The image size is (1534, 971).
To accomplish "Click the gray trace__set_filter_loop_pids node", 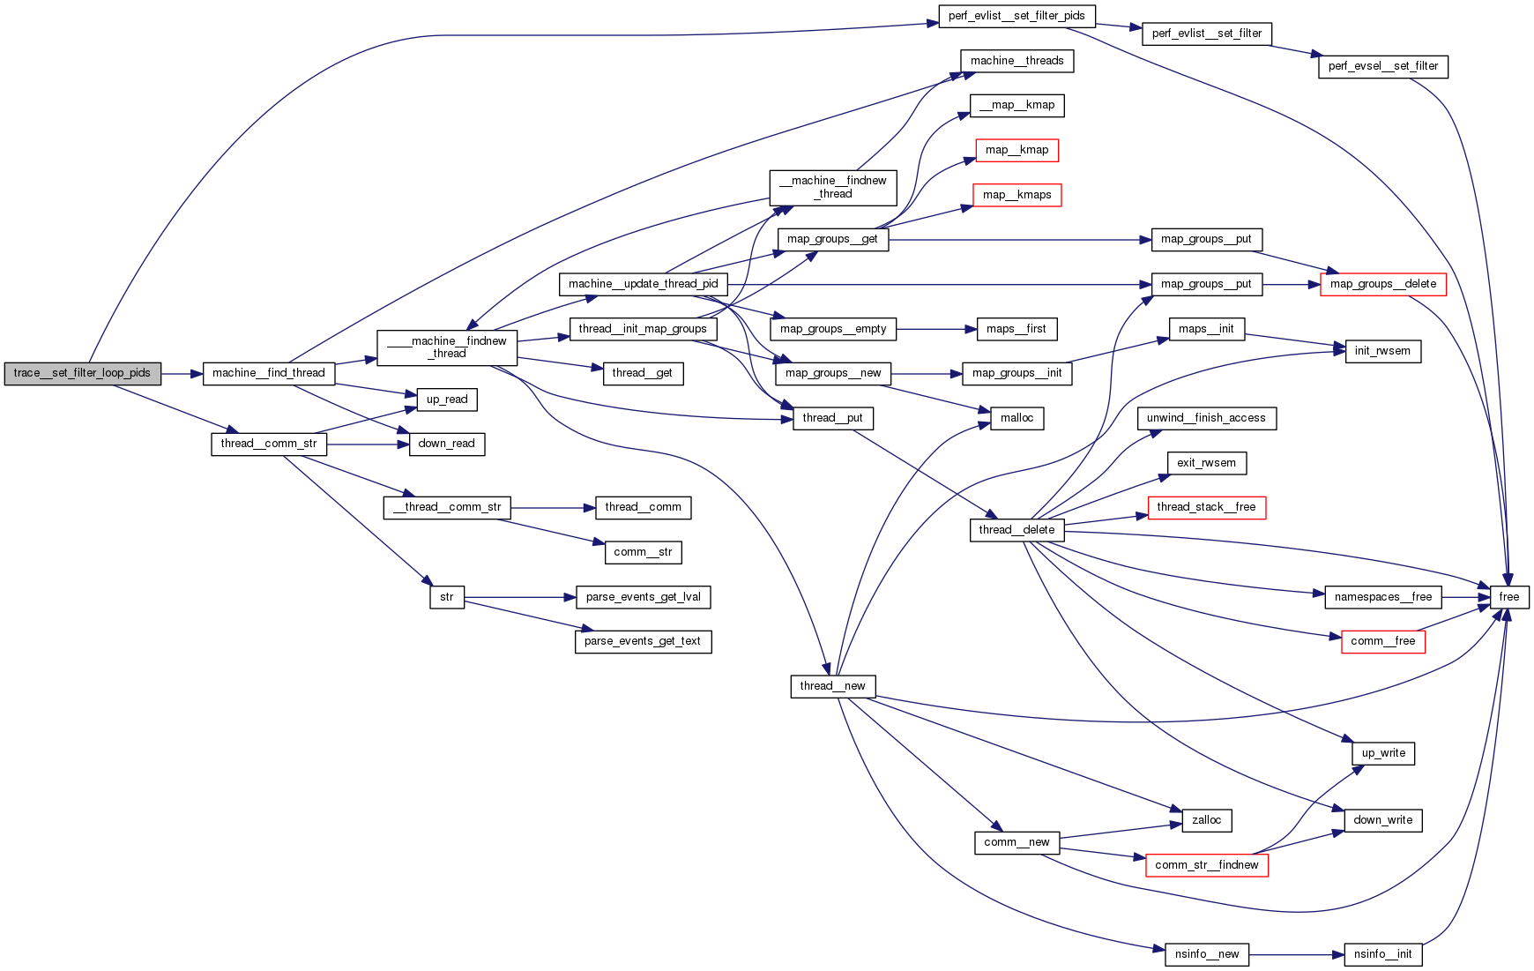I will click(82, 373).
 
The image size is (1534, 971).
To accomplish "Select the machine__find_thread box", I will click(268, 373).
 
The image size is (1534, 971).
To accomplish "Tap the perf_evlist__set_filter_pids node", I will click(1016, 16).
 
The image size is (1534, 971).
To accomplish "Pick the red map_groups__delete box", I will click(1382, 284).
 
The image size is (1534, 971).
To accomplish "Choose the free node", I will click(1508, 597).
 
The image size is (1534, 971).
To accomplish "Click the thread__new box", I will click(832, 686).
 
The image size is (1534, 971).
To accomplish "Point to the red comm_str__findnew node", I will click(1206, 865).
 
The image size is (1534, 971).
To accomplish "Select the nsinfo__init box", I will click(1382, 954).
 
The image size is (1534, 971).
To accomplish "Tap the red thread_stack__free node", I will click(1206, 507).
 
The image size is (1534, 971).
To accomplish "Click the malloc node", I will click(1016, 418).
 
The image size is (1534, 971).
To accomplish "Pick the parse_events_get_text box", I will click(642, 641).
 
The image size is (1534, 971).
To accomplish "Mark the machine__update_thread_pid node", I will click(643, 284).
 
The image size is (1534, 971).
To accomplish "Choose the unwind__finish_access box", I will click(1206, 418).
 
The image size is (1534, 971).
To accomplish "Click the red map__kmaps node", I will click(1016, 195).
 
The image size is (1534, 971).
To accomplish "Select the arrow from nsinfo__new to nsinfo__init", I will click(1296, 954).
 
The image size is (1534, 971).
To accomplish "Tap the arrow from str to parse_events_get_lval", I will click(520, 597).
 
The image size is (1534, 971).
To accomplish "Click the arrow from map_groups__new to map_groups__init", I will click(927, 374).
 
